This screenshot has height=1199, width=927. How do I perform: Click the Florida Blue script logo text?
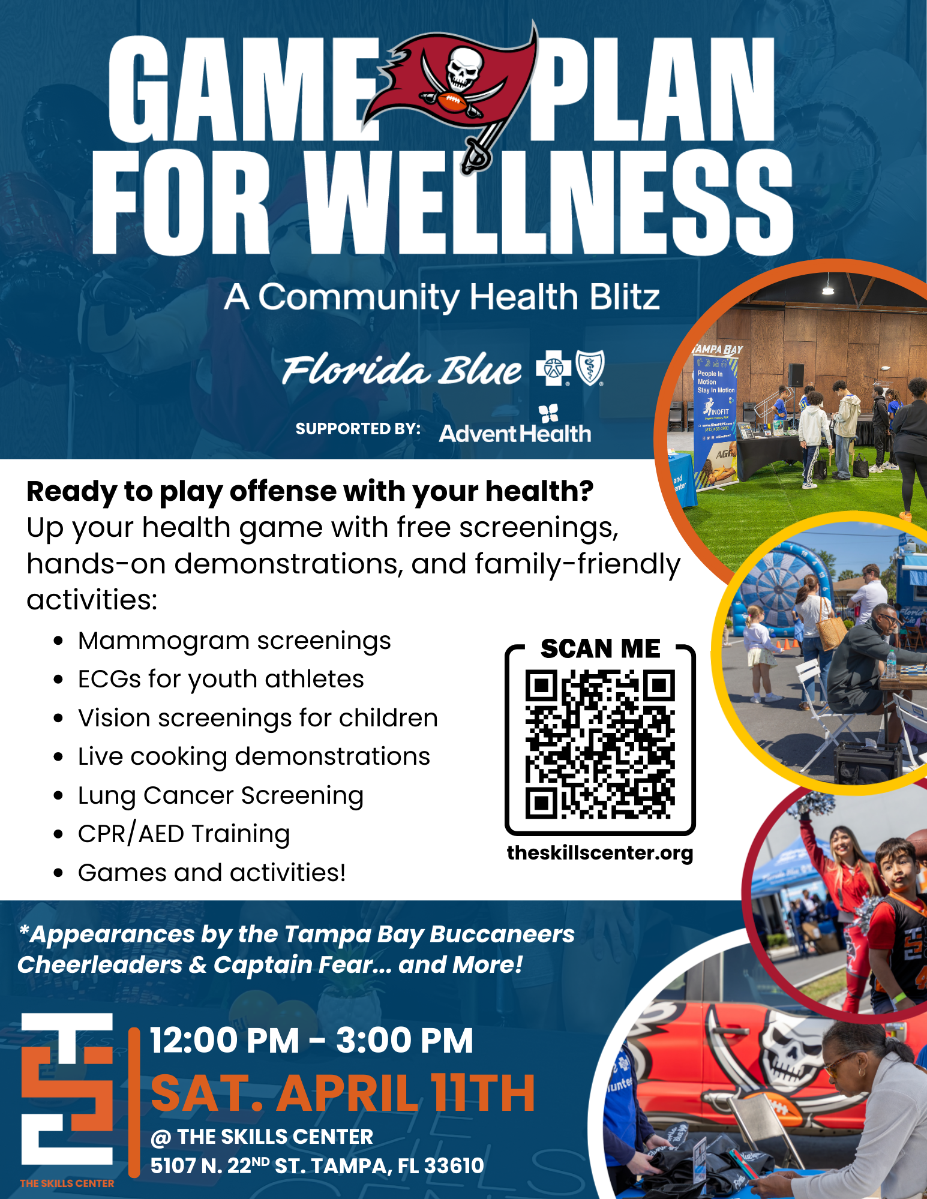pyautogui.click(x=402, y=369)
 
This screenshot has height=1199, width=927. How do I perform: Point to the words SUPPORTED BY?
pyautogui.click(x=358, y=429)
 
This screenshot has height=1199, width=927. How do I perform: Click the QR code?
pyautogui.click(x=600, y=744)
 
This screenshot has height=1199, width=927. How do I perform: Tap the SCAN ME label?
pyautogui.click(x=600, y=648)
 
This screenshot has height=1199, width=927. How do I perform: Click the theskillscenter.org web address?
pyautogui.click(x=600, y=853)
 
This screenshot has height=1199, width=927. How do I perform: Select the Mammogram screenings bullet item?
pyautogui.click(x=234, y=641)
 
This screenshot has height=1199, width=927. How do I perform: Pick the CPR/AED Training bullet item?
pyautogui.click(x=184, y=834)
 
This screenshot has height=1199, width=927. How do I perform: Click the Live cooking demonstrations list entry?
pyautogui.click(x=254, y=757)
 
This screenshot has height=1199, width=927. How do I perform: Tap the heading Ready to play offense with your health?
pyautogui.click(x=310, y=491)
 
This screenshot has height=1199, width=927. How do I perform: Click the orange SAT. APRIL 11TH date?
pyautogui.click(x=343, y=1093)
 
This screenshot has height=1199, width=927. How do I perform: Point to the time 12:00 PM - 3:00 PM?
pyautogui.click(x=311, y=1040)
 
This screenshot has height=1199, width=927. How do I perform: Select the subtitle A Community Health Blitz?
pyautogui.click(x=442, y=296)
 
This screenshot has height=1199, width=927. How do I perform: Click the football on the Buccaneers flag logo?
pyautogui.click(x=451, y=102)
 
